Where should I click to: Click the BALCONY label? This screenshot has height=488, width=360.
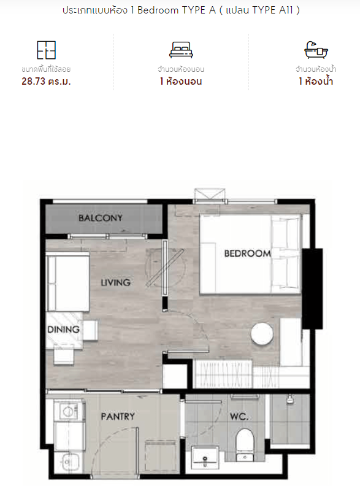point(101,218)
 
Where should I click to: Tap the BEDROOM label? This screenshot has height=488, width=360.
point(247,254)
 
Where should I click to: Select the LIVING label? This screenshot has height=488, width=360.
point(116,282)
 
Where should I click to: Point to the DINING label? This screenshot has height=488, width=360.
point(63,329)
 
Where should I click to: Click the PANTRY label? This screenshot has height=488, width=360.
point(118,416)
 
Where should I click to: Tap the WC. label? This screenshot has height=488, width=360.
point(239,416)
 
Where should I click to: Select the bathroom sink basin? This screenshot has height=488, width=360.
point(205,457)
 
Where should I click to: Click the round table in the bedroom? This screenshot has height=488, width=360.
point(262,334)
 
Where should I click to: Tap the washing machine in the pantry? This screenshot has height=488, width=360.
point(69,412)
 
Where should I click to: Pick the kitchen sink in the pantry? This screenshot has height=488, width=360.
point(69,462)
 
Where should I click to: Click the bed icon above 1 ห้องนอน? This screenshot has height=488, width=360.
point(181,50)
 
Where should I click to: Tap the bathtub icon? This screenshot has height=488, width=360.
point(316,50)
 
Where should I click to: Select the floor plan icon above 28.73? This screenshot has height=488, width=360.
point(47,50)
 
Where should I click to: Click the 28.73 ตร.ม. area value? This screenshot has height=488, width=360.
point(46,82)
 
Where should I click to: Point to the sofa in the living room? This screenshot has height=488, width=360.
point(68,282)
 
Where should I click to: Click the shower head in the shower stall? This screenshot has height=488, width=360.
point(290,399)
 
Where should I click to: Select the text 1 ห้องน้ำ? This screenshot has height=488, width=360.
point(316,82)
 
